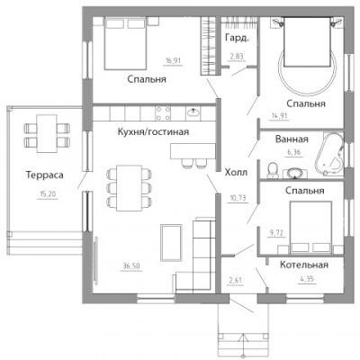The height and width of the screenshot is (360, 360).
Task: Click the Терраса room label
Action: (x=44, y=175)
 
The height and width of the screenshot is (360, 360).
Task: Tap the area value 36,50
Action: (x=131, y=265)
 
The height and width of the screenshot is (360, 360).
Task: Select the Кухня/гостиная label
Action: (x=153, y=131)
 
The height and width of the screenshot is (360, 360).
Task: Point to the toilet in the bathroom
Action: (x=273, y=170)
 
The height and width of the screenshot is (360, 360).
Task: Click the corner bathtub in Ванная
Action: (x=329, y=154)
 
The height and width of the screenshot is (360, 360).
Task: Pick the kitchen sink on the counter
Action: (x=193, y=112)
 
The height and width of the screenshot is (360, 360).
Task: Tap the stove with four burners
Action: (x=163, y=112)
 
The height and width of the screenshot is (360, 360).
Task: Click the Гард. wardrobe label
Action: (x=237, y=38)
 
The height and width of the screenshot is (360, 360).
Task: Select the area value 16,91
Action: (x=174, y=61)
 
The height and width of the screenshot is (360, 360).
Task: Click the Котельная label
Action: (x=304, y=265)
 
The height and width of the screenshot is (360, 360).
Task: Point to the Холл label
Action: (x=236, y=173)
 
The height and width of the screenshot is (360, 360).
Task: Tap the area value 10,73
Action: (x=238, y=198)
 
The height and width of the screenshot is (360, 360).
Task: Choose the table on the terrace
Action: (x=47, y=134)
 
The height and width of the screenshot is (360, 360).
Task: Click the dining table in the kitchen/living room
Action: (x=129, y=188)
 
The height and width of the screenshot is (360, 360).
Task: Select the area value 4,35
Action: (x=307, y=280)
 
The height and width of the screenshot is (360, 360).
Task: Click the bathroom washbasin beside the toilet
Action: (x=294, y=174)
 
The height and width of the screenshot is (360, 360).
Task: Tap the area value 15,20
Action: (x=48, y=194)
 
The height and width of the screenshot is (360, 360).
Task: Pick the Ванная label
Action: (x=292, y=139)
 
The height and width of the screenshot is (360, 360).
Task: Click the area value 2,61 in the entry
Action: (x=235, y=281)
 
